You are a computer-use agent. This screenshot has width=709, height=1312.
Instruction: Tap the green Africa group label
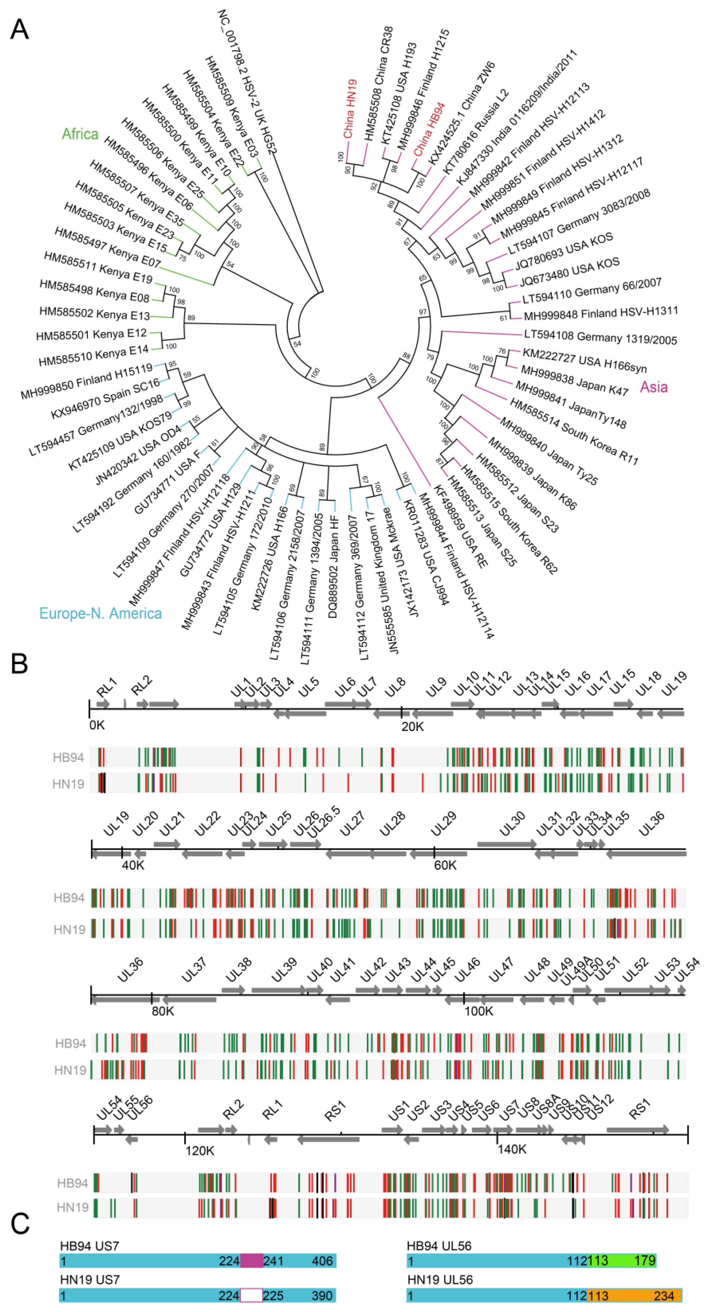point(80,134)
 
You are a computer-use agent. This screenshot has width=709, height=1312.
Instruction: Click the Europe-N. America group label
point(100,613)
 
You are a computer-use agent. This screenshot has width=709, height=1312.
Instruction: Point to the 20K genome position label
point(412,726)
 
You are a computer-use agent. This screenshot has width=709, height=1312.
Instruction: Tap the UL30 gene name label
point(512,824)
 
